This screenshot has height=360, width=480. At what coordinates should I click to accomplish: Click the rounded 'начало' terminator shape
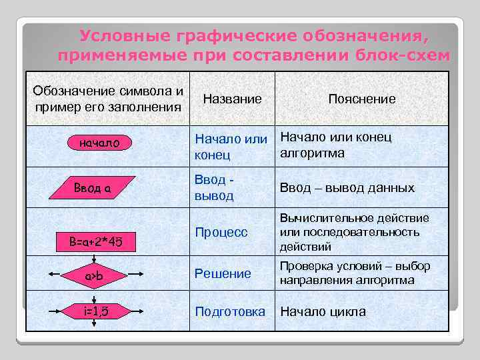[x=99, y=143]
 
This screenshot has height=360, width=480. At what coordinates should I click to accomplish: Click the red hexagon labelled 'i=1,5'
[x=94, y=311]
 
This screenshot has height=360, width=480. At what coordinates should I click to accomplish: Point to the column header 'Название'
[x=232, y=99]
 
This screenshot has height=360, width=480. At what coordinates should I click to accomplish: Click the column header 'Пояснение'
[x=362, y=99]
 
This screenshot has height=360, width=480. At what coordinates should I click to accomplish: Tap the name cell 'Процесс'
[x=221, y=232]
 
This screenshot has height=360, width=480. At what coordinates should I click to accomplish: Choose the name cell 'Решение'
[x=223, y=273]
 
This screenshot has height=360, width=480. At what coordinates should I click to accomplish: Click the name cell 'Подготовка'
[x=229, y=311]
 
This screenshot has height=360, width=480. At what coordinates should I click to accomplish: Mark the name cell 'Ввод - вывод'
[x=214, y=188]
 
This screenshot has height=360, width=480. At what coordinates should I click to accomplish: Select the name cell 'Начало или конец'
[x=231, y=147]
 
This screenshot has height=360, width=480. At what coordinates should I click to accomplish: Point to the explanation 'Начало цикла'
[x=323, y=311]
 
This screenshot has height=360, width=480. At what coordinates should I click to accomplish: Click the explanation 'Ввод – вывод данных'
[x=347, y=188]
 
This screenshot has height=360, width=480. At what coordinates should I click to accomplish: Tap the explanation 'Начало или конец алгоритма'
[x=335, y=145]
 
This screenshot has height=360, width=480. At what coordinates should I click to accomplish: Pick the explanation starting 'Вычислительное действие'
[x=355, y=232]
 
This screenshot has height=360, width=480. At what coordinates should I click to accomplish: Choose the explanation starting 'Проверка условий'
[x=355, y=273]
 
